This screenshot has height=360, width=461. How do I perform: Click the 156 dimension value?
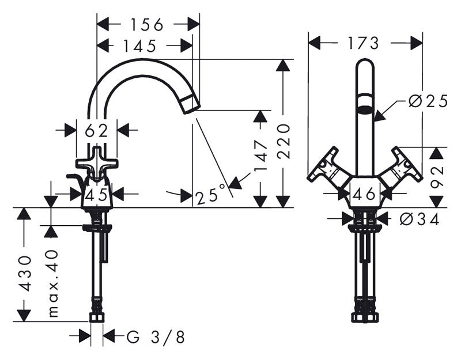(x=146, y=25)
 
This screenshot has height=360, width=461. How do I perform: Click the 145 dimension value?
(x=139, y=46)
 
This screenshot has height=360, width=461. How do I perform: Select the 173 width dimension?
(x=364, y=43)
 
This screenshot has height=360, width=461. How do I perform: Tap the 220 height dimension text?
(x=284, y=141)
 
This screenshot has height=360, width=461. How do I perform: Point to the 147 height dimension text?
(x=261, y=156)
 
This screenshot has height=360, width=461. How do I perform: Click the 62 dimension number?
(x=96, y=131)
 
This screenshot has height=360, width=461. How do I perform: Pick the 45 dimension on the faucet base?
(x=96, y=195)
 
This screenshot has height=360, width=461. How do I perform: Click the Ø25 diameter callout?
(x=428, y=101)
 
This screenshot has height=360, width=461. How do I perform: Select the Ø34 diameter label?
(x=420, y=219)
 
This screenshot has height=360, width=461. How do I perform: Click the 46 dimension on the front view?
(x=365, y=194)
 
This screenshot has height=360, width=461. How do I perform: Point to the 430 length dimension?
(x=24, y=273)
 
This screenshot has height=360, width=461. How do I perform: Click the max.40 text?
(x=53, y=283)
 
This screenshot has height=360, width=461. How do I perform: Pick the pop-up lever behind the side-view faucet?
(x=75, y=179)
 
